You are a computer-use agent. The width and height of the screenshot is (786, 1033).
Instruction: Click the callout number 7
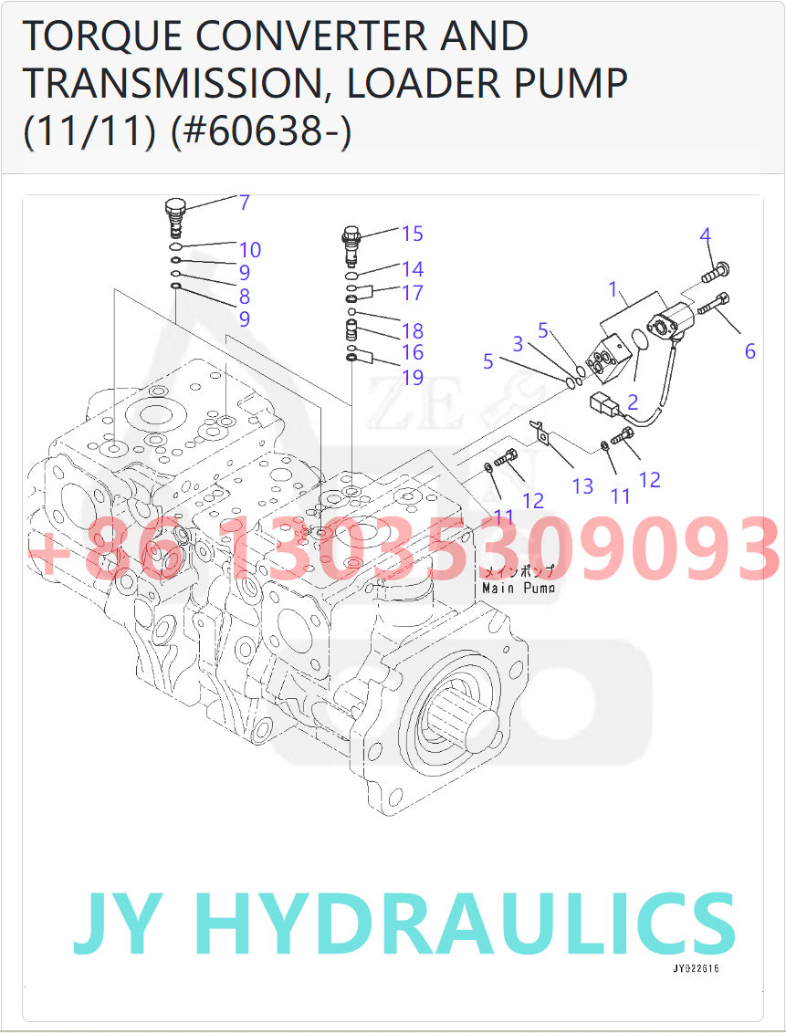(x=245, y=203)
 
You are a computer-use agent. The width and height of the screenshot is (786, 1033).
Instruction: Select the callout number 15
(x=412, y=234)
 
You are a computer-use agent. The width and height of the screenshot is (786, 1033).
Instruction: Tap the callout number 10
(x=250, y=250)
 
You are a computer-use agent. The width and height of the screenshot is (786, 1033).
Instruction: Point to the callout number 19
(x=412, y=376)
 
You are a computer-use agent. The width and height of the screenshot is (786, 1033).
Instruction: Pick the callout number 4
(x=705, y=235)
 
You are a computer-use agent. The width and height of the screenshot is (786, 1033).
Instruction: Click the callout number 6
(x=749, y=351)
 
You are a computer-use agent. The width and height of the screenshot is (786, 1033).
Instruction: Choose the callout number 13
(x=582, y=486)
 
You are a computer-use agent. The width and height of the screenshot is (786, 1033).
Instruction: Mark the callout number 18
(x=412, y=330)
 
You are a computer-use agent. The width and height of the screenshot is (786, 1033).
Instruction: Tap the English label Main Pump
(x=518, y=589)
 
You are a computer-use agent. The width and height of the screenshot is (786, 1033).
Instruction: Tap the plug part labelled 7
(x=175, y=215)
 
